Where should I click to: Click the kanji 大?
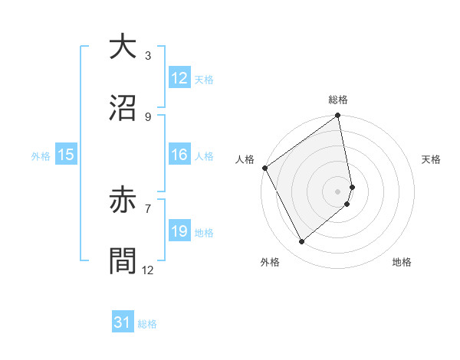(x=123, y=48)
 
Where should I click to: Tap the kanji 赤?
(x=123, y=201)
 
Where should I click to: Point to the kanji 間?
(x=123, y=261)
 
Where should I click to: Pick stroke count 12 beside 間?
(x=147, y=270)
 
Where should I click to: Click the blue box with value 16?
(x=179, y=155)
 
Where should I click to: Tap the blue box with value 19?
(x=179, y=231)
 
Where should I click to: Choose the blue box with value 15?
(x=66, y=155)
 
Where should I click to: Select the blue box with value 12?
(x=179, y=78)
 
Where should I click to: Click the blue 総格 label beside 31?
(x=147, y=325)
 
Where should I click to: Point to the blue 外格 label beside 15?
(x=41, y=156)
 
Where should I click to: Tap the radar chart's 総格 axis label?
(x=338, y=100)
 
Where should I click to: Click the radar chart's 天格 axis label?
(x=432, y=159)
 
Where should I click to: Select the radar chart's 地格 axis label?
(x=402, y=263)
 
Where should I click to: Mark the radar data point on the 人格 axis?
(x=264, y=168)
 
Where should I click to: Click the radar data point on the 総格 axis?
(x=338, y=117)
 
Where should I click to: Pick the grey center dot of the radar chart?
(x=337, y=191)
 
